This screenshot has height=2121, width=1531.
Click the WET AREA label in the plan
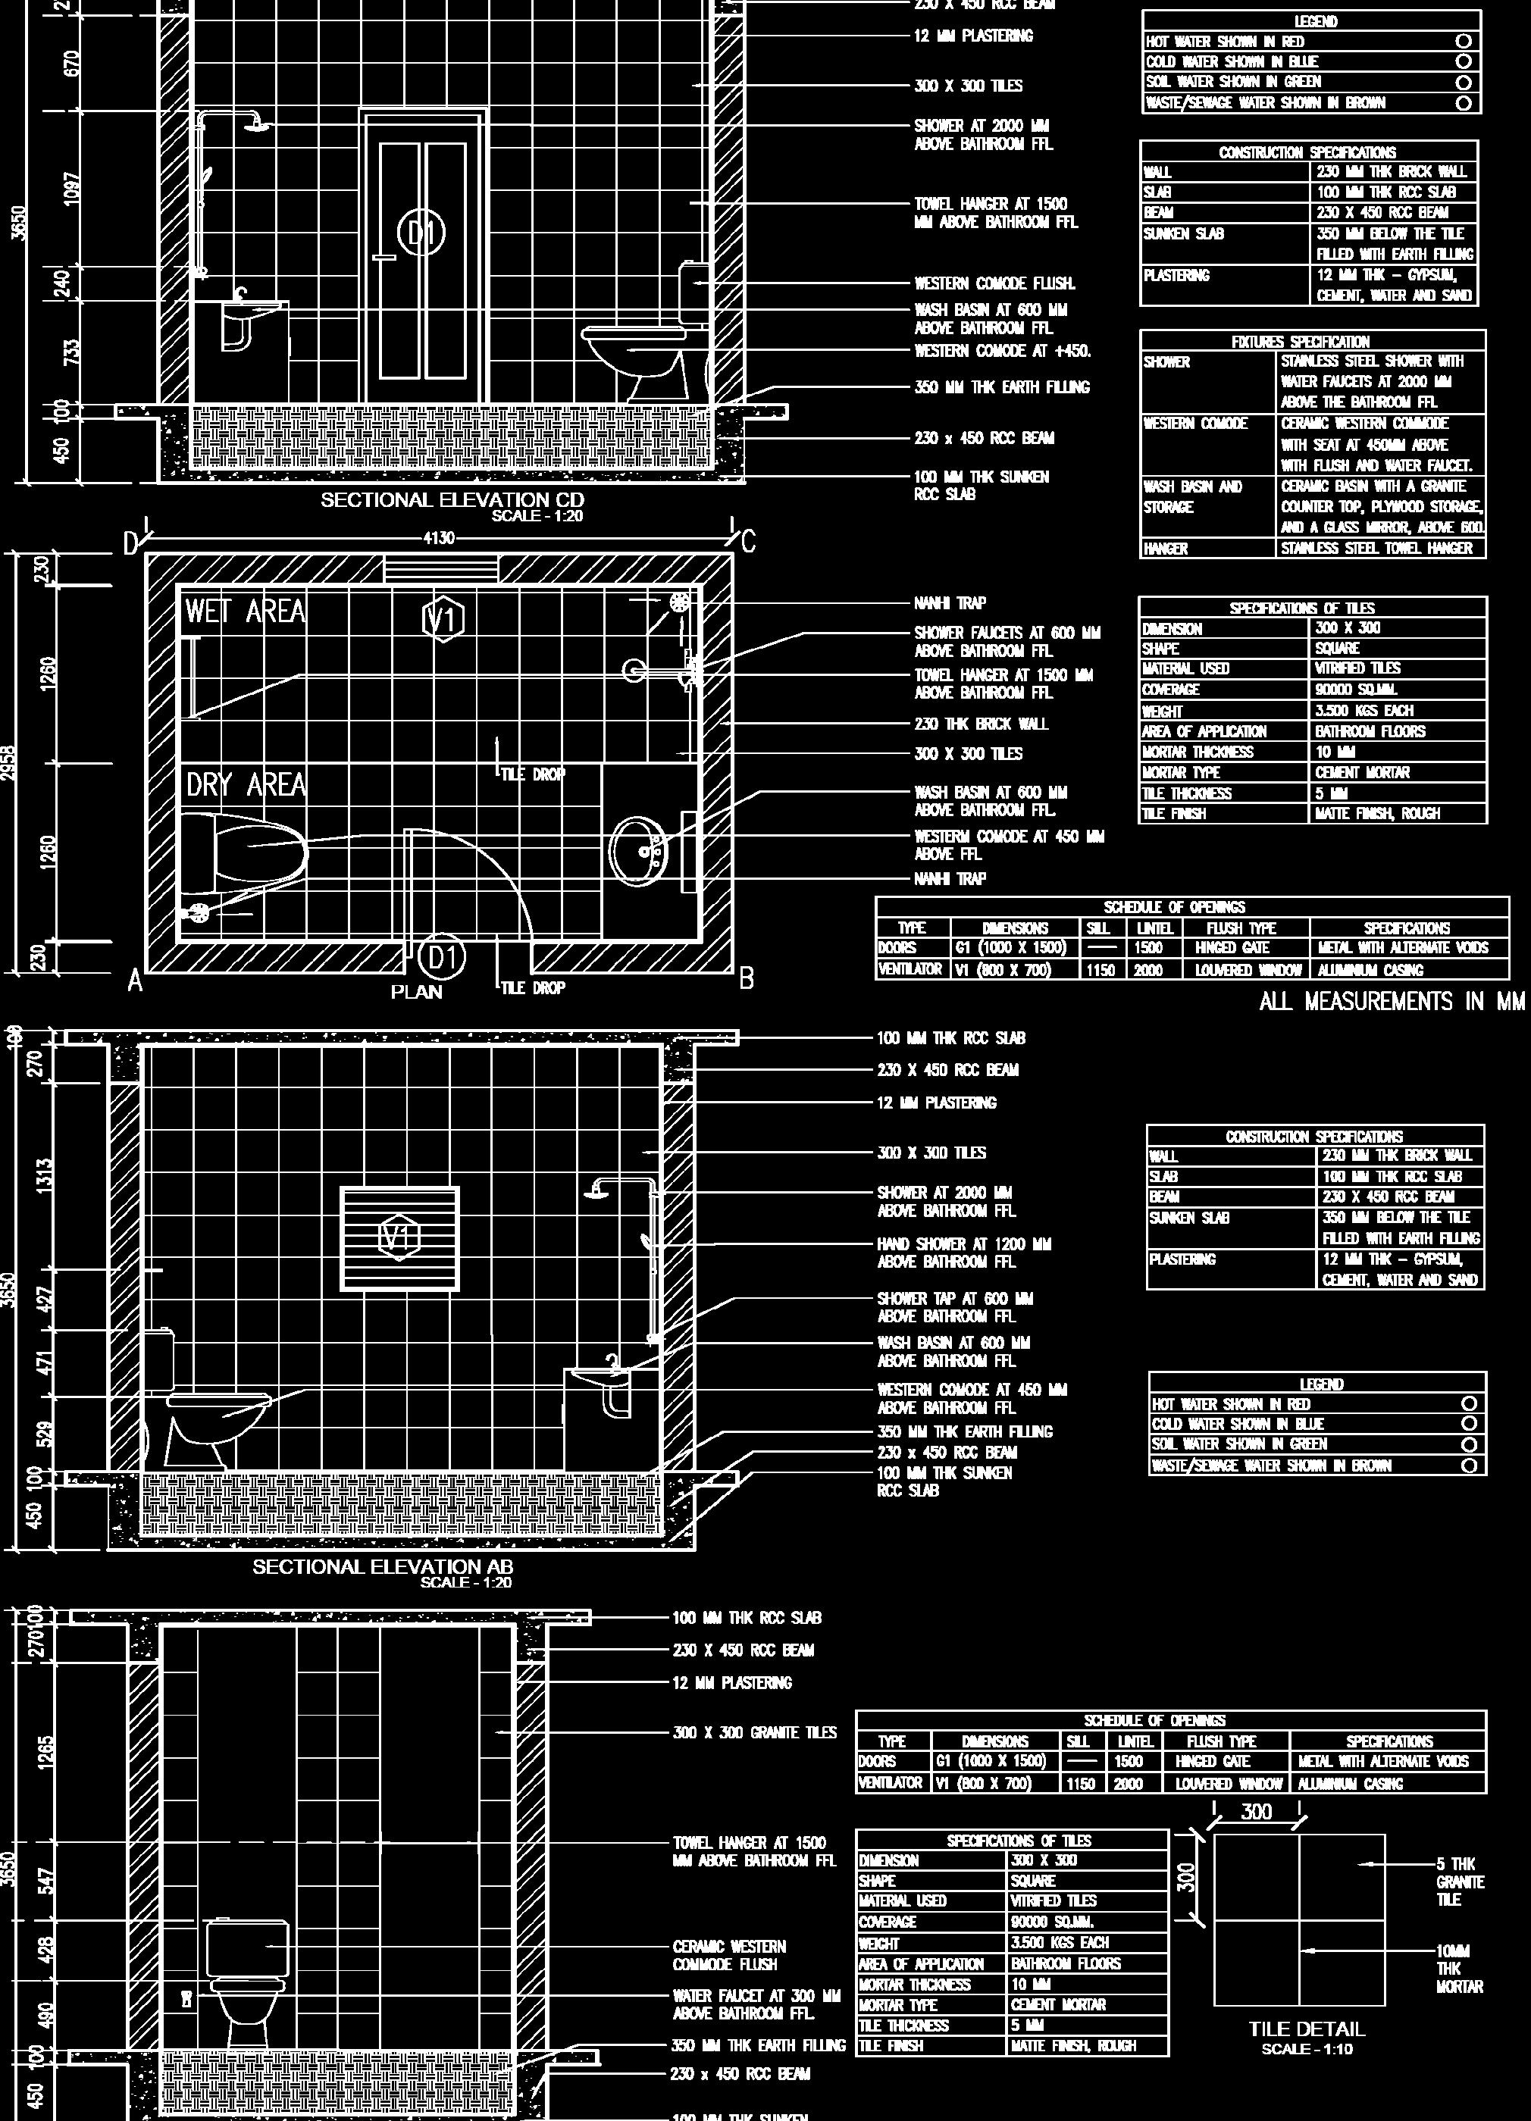click(x=245, y=612)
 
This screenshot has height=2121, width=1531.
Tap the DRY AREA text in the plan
click(x=246, y=784)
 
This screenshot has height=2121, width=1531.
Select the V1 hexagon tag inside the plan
click(x=443, y=618)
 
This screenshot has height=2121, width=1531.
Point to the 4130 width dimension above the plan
click(x=439, y=538)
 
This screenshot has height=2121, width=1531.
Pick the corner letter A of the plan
click(x=135, y=981)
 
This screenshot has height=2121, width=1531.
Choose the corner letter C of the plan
click(x=747, y=542)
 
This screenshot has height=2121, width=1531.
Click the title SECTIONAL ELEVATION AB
click(x=383, y=1566)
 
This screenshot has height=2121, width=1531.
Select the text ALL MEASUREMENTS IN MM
click(x=1392, y=1002)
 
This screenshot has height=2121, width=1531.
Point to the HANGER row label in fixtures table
click(x=1166, y=549)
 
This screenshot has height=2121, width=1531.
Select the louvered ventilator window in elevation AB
click(x=399, y=1239)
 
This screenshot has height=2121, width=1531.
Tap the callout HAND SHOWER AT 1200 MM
click(x=963, y=1252)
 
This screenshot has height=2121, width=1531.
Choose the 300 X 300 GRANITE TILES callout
click(x=754, y=1733)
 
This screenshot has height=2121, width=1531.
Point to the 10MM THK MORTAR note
click(x=1459, y=1968)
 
